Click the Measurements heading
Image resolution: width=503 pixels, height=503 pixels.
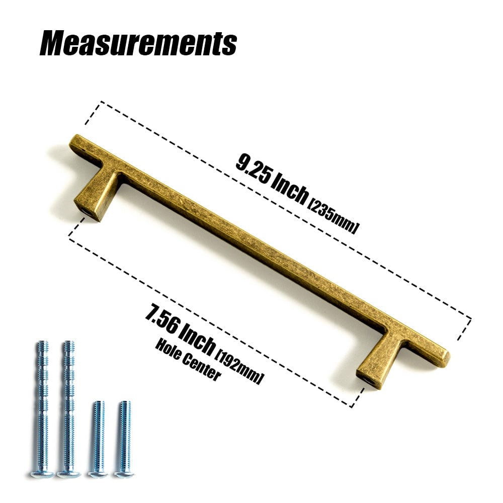[138, 43]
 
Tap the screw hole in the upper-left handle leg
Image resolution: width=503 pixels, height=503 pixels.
[88, 212]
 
